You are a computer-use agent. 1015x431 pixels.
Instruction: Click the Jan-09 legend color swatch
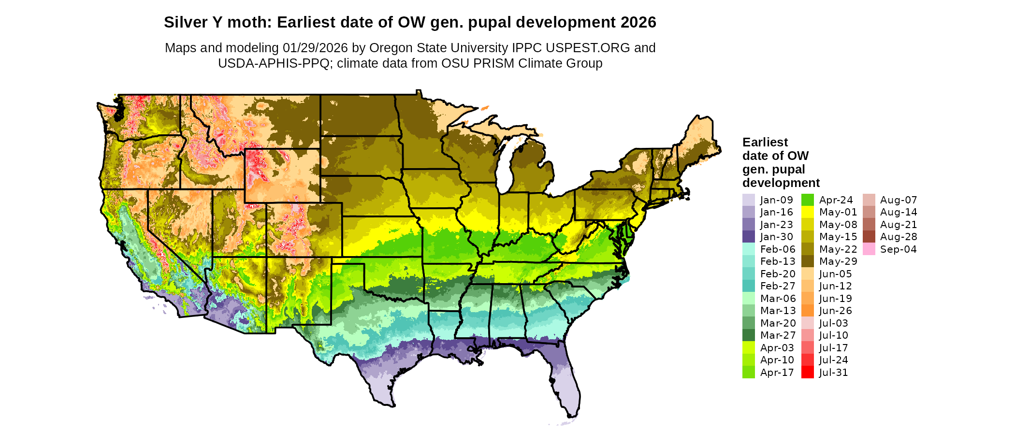click(x=748, y=200)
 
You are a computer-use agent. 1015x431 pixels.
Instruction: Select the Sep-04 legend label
click(x=898, y=249)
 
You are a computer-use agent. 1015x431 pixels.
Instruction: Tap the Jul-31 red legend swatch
click(x=807, y=373)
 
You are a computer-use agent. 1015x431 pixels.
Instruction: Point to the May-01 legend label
click(x=838, y=212)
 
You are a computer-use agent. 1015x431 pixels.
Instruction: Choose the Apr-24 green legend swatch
click(x=807, y=200)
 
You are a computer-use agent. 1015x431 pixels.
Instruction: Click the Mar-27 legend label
click(x=778, y=335)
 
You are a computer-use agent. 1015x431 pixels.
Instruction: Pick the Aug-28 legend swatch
click(x=869, y=237)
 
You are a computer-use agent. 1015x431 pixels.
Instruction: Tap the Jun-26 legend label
click(x=835, y=311)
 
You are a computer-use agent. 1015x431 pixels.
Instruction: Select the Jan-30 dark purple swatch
click(x=748, y=237)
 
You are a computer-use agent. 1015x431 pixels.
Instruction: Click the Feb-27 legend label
click(x=777, y=286)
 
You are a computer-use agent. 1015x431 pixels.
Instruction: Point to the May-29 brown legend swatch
click(x=807, y=261)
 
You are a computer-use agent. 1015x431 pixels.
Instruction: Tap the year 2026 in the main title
click(x=638, y=22)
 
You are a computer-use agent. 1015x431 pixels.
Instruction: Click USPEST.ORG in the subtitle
click(x=588, y=48)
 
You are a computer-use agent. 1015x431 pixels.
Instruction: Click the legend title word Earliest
click(x=765, y=143)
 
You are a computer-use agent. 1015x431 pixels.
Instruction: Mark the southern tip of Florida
click(x=572, y=415)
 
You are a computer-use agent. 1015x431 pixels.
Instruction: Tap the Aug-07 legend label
click(x=898, y=200)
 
